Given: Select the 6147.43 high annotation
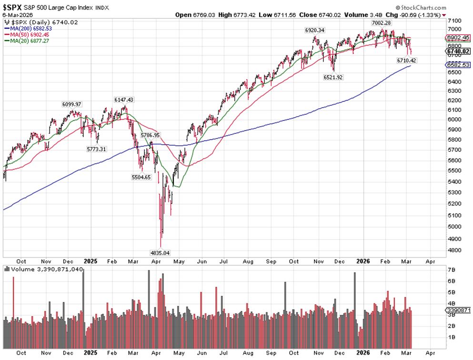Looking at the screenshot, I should click(x=123, y=100).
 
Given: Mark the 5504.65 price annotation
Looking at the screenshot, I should click(x=141, y=177).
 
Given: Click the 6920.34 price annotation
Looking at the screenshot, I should click(x=315, y=30).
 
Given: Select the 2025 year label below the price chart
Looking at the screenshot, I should click(x=90, y=261).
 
